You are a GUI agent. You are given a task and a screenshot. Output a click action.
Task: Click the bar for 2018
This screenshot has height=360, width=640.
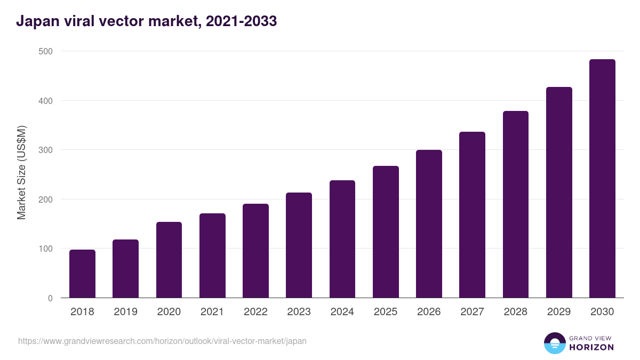pos(82,274)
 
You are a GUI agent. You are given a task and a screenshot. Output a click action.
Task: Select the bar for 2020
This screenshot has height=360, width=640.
pos(169,260)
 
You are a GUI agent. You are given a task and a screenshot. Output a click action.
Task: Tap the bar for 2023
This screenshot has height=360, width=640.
pos(299,245)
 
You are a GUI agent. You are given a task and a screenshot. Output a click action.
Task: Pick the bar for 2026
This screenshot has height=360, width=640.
pos(429,224)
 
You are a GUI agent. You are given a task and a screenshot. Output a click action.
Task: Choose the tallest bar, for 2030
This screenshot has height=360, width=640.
pos(602,179)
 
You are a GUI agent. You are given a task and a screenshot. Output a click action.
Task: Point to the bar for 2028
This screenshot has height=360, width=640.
pos(515,204)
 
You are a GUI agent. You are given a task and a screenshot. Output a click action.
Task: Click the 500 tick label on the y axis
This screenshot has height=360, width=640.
pos(46,51)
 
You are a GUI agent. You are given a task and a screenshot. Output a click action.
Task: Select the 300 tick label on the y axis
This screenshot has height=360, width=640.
pos(46,150)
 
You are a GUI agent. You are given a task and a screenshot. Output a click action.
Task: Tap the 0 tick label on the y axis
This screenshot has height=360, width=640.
pos(50,298)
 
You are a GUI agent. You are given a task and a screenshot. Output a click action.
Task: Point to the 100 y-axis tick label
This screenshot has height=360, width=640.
pos(46,249)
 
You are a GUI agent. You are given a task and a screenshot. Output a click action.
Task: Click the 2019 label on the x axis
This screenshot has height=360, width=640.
pos(125,312)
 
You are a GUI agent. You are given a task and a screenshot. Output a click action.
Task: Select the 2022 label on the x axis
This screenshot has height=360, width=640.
pos(255,312)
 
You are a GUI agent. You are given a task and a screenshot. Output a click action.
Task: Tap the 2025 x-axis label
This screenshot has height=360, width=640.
pos(386,312)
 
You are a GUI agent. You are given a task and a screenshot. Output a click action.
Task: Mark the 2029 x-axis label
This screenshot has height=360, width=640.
pos(559,312)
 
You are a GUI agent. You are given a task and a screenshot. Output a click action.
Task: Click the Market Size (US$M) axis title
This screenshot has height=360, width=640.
pos(21,172)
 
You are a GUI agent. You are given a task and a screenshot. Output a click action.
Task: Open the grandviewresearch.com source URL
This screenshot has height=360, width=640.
pos(162,341)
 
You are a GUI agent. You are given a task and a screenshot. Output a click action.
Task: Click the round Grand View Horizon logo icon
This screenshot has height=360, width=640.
pos(554,343)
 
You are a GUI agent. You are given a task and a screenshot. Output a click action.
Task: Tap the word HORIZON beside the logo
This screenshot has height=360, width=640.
pos(591,347)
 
